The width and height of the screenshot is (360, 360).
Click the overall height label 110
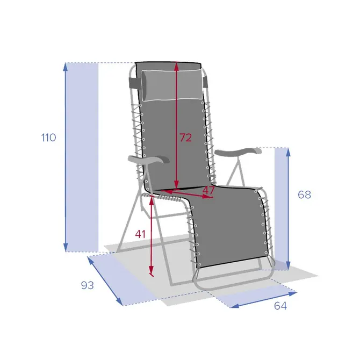tap(49, 138)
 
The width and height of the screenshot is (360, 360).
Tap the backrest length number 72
tap(185, 138)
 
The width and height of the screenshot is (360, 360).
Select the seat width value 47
tap(208, 190)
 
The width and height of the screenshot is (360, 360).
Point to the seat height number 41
tap(140, 234)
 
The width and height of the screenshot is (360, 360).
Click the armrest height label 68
tap(305, 195)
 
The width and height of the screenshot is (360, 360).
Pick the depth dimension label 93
tap(88, 285)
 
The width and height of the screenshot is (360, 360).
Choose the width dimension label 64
tap(280, 306)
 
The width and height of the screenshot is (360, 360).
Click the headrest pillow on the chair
tap(172, 85)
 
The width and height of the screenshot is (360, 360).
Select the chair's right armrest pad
tap(238, 152)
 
